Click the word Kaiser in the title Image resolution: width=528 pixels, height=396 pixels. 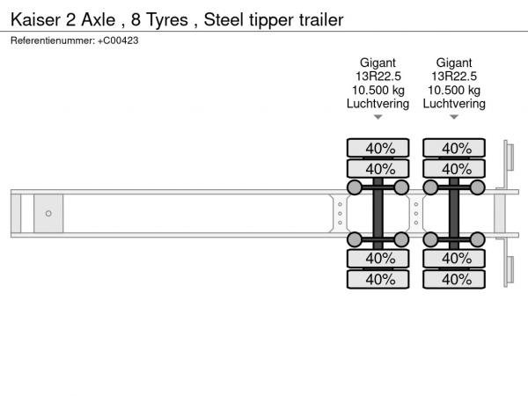click(x=35, y=19)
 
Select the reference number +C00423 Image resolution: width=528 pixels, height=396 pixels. click(x=118, y=40)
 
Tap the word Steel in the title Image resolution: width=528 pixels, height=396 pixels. click(x=224, y=19)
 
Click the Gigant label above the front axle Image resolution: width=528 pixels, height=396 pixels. click(x=378, y=63)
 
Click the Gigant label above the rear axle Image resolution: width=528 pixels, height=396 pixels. click(x=454, y=63)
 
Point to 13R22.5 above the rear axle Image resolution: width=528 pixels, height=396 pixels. click(x=454, y=77)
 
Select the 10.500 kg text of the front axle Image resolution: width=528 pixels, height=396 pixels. click(x=378, y=91)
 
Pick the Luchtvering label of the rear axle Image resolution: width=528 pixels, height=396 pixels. click(x=454, y=104)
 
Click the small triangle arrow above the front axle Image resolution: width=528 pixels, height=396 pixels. click(x=378, y=117)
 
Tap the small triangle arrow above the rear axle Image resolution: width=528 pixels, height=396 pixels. click(x=454, y=117)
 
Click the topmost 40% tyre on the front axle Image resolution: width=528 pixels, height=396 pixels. click(x=378, y=148)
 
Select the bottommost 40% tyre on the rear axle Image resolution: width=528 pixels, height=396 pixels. click(x=454, y=279)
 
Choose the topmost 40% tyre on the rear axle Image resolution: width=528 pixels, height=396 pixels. click(x=454, y=148)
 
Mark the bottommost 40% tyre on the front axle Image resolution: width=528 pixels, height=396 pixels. click(x=378, y=279)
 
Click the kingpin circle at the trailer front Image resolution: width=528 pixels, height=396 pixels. click(x=48, y=214)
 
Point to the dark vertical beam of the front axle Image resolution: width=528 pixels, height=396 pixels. click(x=378, y=214)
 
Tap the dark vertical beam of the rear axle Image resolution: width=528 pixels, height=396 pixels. click(x=454, y=214)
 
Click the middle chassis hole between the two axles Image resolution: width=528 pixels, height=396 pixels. click(x=416, y=214)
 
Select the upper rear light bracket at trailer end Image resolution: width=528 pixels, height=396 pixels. click(x=509, y=157)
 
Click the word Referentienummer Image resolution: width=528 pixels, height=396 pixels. click(x=53, y=40)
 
